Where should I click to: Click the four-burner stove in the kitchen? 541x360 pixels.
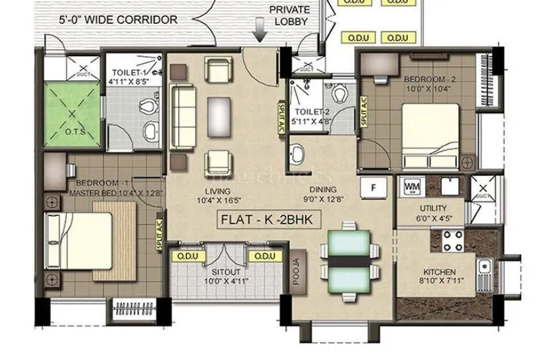453,240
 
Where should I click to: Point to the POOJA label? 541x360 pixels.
296,270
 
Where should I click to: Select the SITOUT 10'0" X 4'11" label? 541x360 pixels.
221,277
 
